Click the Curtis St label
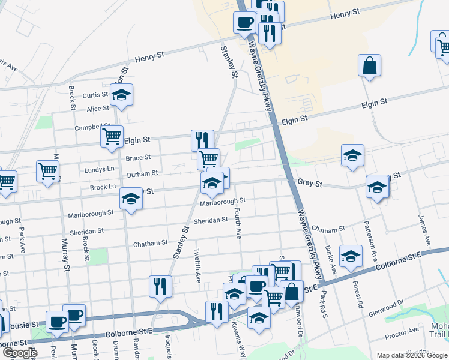[95, 95]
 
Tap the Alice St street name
[98, 109]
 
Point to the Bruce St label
[138, 158]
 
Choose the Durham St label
[142, 173]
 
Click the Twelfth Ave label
[197, 265]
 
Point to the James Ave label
[424, 232]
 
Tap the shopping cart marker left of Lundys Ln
[48, 170]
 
